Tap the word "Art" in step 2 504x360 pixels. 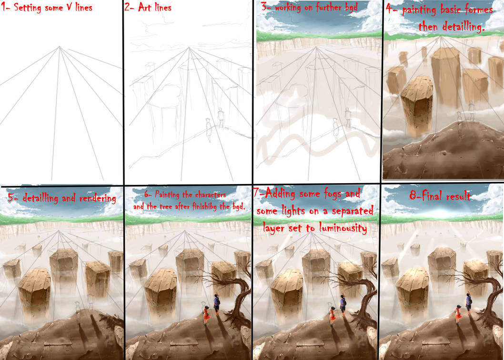(x=145, y=7)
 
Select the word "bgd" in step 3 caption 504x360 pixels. (x=351, y=8)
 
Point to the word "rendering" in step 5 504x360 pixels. (x=98, y=198)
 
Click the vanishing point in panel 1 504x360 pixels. (x=59, y=47)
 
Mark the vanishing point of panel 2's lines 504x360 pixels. (x=189, y=48)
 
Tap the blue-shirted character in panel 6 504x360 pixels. (x=217, y=304)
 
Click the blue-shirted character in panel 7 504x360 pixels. (x=343, y=304)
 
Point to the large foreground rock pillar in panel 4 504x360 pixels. (x=417, y=104)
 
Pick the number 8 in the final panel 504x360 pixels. (x=413, y=196)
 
